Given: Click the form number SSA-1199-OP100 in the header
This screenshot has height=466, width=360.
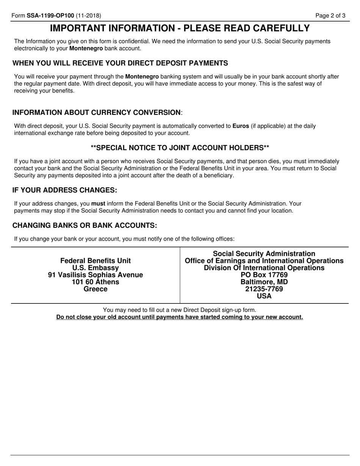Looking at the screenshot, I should pos(50,16).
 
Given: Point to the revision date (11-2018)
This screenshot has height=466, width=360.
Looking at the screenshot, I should pos(88,16).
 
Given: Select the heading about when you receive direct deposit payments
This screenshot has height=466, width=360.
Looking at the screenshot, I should pos(120,63).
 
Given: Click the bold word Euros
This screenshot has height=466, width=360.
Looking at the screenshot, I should pos(241,126).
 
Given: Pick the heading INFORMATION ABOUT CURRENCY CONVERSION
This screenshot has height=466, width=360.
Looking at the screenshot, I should pos(97,113).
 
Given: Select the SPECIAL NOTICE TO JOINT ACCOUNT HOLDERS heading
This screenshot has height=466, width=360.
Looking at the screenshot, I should pos(180,147).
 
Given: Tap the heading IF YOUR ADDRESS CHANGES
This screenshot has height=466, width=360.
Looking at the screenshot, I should pos(65,190).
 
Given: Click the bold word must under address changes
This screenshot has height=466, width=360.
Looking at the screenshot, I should pos(98,203).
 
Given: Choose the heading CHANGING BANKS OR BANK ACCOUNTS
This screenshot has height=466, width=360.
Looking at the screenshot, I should pos(85,225).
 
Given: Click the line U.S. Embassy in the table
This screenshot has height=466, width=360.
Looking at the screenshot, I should pos(95,268).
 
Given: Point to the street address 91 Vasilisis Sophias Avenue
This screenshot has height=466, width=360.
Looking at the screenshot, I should pos(95,275).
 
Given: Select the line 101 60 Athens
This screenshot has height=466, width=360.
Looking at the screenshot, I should pos(95,282).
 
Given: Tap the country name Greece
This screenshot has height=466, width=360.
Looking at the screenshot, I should pos(95,289).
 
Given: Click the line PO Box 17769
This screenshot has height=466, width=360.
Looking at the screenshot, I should pos(264,275).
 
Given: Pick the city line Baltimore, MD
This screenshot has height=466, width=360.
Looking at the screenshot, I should pos(264,282).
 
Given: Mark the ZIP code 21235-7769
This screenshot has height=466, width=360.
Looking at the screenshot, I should pos(264,289).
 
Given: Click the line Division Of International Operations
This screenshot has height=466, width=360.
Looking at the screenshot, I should pos(264,268).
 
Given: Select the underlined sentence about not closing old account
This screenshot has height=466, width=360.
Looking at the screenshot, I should pos(180,317).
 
